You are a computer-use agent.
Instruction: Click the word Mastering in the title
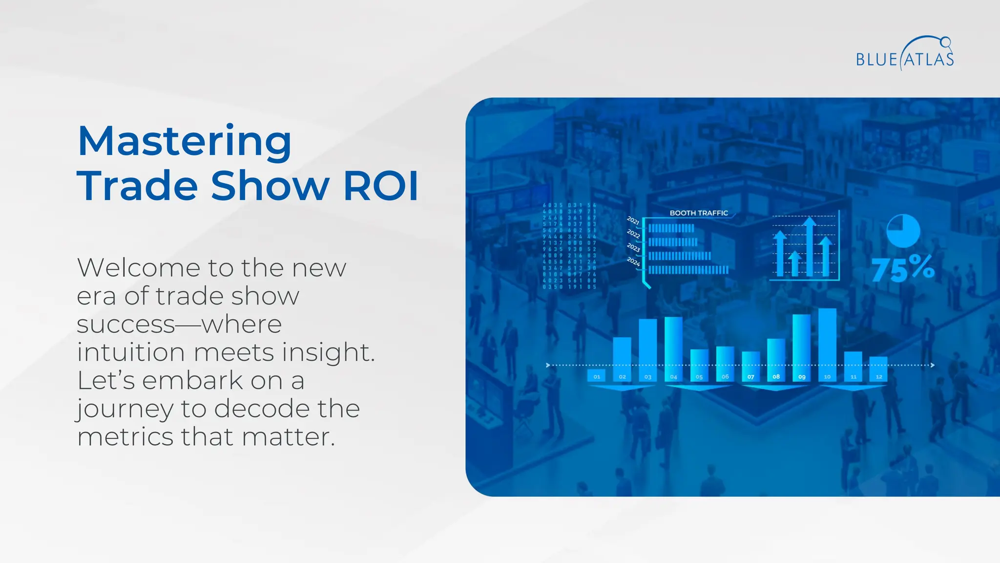coord(185,141)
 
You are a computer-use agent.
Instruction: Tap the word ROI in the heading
coord(381,186)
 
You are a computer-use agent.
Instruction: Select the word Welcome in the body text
coord(138,268)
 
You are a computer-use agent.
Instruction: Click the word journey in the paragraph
coord(125,409)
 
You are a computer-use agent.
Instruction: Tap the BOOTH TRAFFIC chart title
coord(699,213)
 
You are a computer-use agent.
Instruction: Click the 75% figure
coord(903,269)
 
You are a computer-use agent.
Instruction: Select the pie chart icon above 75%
coord(903,231)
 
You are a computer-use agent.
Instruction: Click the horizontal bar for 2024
coord(688,270)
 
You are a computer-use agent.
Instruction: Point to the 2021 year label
coord(633,220)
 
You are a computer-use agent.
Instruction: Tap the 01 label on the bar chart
coord(597,377)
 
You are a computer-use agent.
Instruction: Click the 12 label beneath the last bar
coord(879,377)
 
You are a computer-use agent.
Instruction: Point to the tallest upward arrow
coord(810,247)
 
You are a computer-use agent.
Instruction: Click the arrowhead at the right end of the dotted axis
coord(933,365)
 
